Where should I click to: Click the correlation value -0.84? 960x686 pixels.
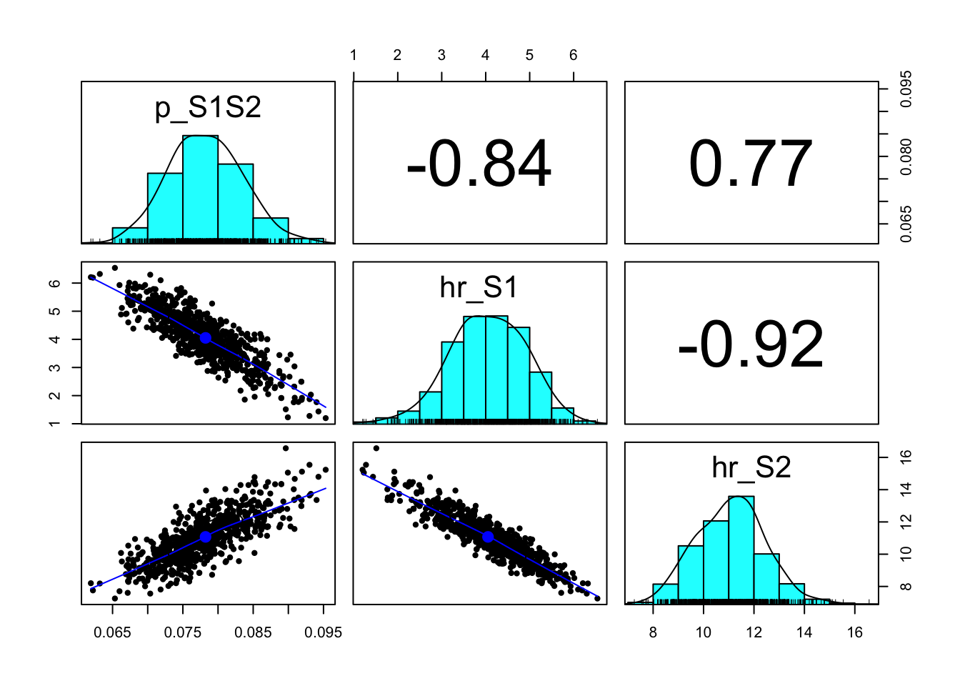pyautogui.click(x=479, y=164)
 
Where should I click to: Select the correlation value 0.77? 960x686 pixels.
pyautogui.click(x=751, y=164)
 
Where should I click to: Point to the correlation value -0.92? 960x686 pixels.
pyautogui.click(x=751, y=345)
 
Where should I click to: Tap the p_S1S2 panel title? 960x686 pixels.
pyautogui.click(x=208, y=108)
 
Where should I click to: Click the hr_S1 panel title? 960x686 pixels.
pyautogui.click(x=479, y=287)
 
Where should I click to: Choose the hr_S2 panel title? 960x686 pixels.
pyautogui.click(x=751, y=467)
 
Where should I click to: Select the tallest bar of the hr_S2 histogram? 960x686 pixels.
pyautogui.click(x=741, y=547)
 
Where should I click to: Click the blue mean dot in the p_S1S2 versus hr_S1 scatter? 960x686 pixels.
pyautogui.click(x=206, y=338)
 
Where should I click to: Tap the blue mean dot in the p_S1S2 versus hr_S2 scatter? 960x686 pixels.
pyautogui.click(x=206, y=537)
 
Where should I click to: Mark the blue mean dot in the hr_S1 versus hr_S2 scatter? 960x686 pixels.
pyautogui.click(x=488, y=537)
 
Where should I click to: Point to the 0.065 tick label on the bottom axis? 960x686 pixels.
pyautogui.click(x=113, y=632)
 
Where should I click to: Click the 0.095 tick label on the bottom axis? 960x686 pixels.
pyautogui.click(x=324, y=632)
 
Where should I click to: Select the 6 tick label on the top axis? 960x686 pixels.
pyautogui.click(x=574, y=56)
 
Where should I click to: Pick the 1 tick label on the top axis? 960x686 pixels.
pyautogui.click(x=354, y=56)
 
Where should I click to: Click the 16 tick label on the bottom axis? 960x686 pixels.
pyautogui.click(x=855, y=632)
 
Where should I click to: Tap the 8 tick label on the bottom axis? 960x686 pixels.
pyautogui.click(x=653, y=632)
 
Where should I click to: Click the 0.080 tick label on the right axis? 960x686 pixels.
pyautogui.click(x=906, y=156)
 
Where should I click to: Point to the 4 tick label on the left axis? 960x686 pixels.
pyautogui.click(x=55, y=339)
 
